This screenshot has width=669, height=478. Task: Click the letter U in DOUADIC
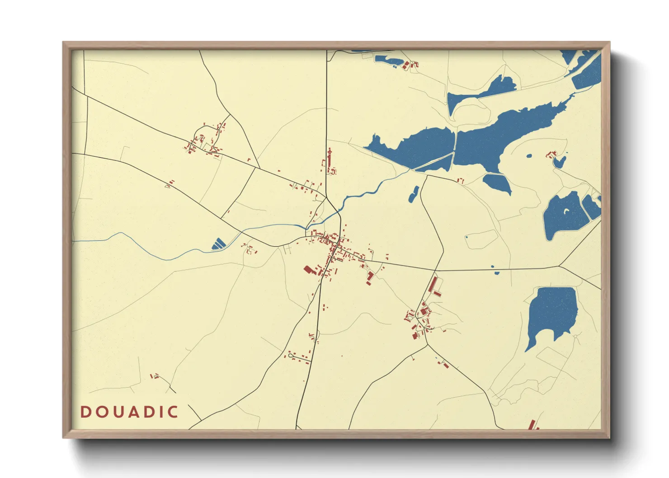click(x=115, y=412)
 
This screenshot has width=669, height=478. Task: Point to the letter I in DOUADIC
click(x=160, y=412)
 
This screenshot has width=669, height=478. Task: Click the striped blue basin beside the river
click(x=219, y=244)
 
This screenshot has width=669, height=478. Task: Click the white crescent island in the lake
click(x=567, y=211)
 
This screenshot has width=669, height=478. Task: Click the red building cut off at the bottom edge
click(x=532, y=425)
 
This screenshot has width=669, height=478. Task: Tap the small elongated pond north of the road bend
click(x=413, y=194)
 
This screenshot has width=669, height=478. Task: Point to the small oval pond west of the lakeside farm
click(x=529, y=156)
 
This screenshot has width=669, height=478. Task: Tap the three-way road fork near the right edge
click(x=559, y=266)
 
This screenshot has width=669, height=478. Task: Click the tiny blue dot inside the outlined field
click(x=466, y=237)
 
